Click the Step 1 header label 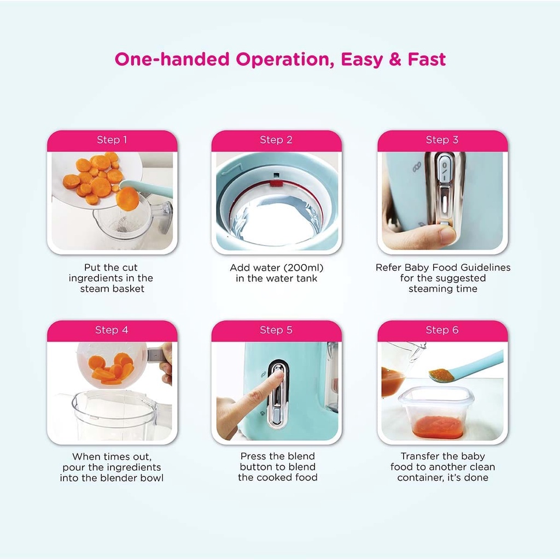click(112, 139)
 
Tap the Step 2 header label click(276, 139)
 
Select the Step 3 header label click(442, 139)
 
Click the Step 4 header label click(112, 330)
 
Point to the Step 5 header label click(276, 330)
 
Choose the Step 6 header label click(442, 330)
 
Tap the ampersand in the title click(395, 59)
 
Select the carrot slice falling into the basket click(127, 199)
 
